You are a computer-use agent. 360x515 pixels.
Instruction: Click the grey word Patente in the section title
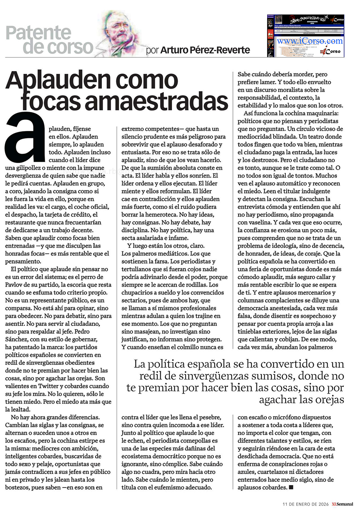pyautogui.click(x=39, y=33)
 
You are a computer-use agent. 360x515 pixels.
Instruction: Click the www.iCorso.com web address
pyautogui.click(x=310, y=41)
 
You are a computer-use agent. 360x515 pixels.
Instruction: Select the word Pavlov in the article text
pyautogui.click(x=15, y=285)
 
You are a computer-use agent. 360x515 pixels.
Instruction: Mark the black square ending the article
pyautogui.click(x=291, y=488)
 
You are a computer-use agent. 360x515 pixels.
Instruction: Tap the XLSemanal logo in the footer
pyautogui.click(x=342, y=504)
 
